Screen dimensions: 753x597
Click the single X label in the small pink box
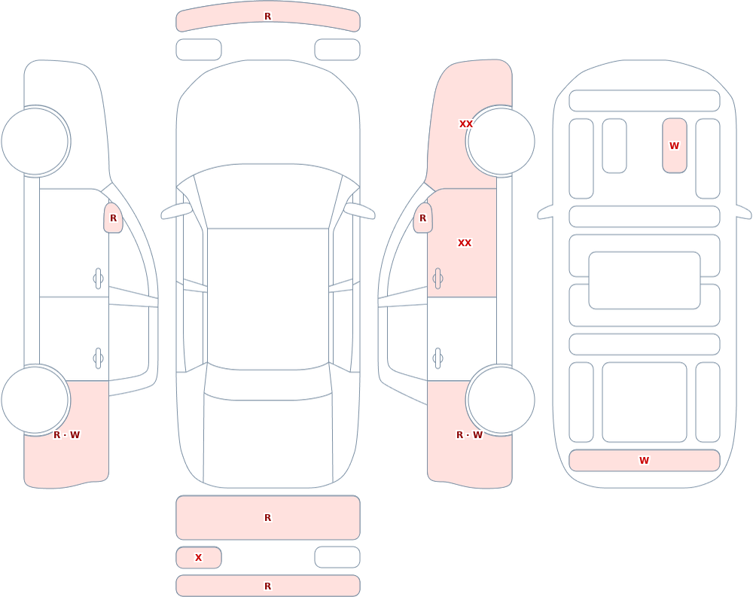198,558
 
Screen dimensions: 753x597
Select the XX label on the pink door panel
465,243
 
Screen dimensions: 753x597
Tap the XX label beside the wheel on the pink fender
466,124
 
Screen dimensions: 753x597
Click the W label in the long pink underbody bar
644,460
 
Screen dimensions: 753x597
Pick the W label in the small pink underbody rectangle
674,145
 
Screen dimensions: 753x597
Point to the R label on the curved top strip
268,17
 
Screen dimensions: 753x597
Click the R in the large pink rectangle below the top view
268,517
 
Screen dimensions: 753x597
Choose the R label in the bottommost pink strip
268,586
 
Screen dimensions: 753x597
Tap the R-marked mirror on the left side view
114,218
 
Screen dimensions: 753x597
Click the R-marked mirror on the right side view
422,218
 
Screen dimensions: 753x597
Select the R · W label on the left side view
67,434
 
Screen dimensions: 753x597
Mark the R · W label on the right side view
469,434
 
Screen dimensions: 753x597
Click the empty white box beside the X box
337,557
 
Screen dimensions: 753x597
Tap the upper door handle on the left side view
98,279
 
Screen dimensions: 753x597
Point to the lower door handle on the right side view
437,358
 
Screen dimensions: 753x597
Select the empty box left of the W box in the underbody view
614,145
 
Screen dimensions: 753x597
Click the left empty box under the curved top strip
199,50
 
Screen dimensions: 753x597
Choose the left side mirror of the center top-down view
176,211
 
